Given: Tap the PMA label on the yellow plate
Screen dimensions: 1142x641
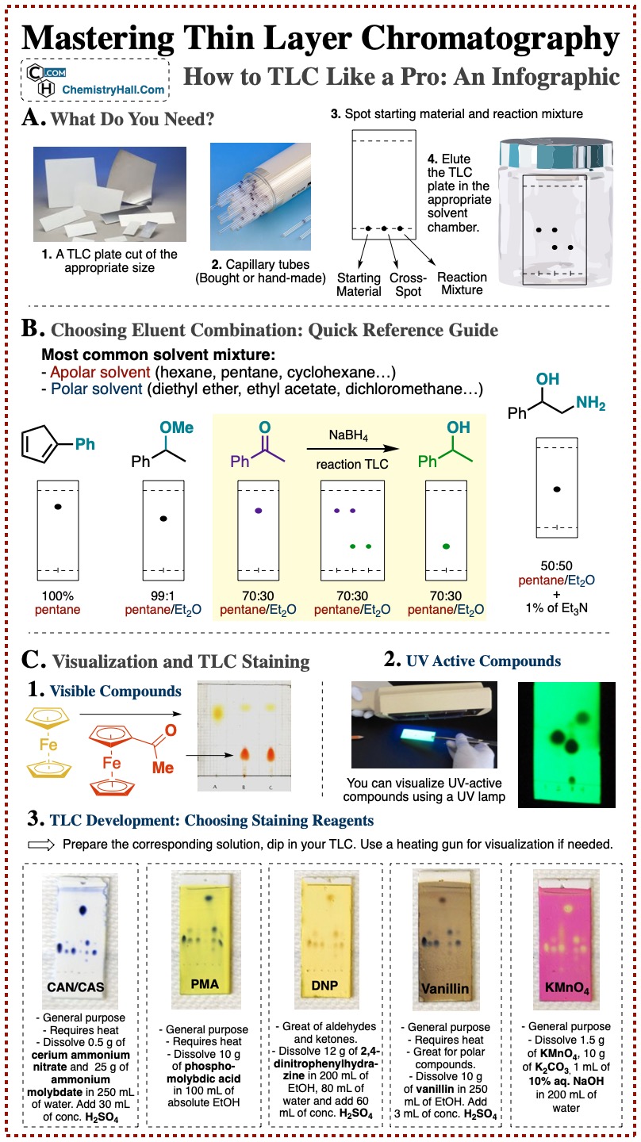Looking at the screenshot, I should (205, 984).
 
